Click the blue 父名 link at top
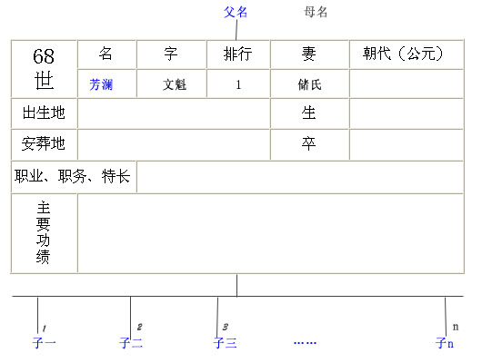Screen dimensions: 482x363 tap(236, 13)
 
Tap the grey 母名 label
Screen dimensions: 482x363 tap(316, 13)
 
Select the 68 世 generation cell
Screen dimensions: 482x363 tap(44, 69)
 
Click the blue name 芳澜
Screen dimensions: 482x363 tap(101, 84)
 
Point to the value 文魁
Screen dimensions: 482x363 tap(175, 84)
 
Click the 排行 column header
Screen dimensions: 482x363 tap(238, 54)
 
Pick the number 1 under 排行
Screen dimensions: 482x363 tap(238, 84)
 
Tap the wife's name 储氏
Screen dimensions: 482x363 tap(309, 84)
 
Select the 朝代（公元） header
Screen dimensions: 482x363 tap(403, 54)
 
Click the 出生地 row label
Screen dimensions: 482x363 tap(44, 113)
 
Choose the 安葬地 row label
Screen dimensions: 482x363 tap(44, 143)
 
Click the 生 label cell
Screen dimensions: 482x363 tap(308, 113)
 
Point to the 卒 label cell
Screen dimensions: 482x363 tap(308, 143)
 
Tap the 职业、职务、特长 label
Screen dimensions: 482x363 tap(73, 176)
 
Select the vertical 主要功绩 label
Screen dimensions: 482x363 tap(43, 232)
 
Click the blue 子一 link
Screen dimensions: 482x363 tap(44, 342)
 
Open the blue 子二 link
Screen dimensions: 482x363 tap(131, 342)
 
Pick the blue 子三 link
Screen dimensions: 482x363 tap(225, 342)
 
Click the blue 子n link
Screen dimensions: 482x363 tap(445, 342)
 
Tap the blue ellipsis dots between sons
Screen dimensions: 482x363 tap(305, 343)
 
